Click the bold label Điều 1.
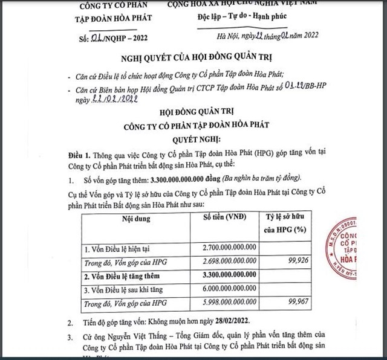click(78, 153)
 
